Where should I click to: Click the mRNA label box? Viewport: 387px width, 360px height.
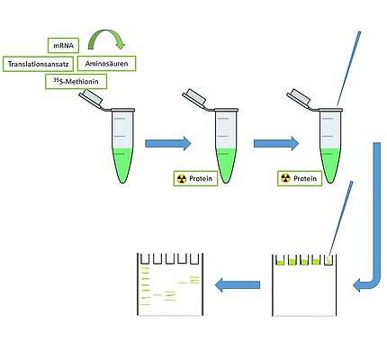[x=63, y=46]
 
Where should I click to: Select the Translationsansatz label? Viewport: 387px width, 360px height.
[x=38, y=64]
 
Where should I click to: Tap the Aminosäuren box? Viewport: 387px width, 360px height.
[x=106, y=63]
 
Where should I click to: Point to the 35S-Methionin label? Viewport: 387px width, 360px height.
[x=76, y=81]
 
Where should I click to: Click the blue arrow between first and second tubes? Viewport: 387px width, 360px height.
[x=168, y=143]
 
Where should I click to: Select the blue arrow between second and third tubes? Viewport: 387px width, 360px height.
[x=276, y=143]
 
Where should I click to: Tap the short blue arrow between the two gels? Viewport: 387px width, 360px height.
[x=238, y=284]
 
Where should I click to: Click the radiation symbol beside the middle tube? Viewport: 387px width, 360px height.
[x=182, y=179]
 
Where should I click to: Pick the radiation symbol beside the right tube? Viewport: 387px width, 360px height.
[x=285, y=178]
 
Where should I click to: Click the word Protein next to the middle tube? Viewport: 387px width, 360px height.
[x=201, y=179]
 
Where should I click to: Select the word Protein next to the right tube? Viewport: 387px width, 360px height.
[x=305, y=178]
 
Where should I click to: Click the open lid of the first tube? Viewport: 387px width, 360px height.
[x=91, y=98]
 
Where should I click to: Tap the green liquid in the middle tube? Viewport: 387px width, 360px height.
[x=226, y=164]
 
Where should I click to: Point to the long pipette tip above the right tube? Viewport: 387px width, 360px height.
[x=348, y=68]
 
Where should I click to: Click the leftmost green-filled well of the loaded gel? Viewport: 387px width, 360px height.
[x=280, y=262]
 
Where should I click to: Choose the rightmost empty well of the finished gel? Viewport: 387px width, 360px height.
[x=194, y=258]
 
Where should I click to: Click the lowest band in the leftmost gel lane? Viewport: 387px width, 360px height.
[x=145, y=305]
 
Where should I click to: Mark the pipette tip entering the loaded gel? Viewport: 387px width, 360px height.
[x=340, y=222]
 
